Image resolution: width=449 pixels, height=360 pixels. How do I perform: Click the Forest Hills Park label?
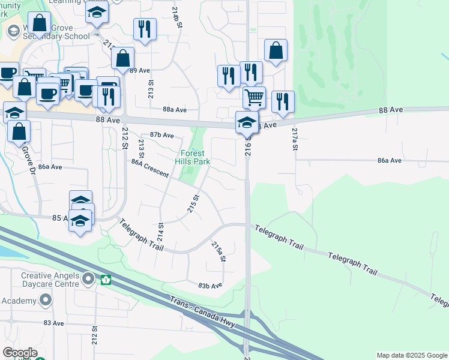coord(193,157)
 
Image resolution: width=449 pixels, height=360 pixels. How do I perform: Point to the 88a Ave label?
coord(175,110)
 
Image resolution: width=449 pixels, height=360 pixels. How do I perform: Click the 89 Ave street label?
coord(139,70)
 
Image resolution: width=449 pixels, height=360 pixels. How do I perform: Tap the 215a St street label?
coord(218,251)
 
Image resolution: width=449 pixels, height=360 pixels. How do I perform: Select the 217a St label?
coord(295,139)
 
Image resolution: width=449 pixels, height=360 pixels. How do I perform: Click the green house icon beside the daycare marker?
coord(106,279)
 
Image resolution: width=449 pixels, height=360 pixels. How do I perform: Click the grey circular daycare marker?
coord(89,279)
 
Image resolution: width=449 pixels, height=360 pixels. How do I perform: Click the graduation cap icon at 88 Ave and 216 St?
coord(247,122)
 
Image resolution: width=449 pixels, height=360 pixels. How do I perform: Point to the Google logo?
coord(20,353)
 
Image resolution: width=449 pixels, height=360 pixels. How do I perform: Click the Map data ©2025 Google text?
coord(411,355)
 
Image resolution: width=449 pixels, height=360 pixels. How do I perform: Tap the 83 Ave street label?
coord(53,323)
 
